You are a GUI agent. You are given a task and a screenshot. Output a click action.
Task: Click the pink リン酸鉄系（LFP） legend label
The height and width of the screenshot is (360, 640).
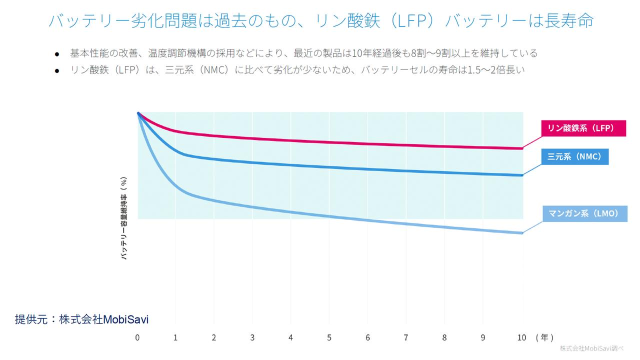[583, 128]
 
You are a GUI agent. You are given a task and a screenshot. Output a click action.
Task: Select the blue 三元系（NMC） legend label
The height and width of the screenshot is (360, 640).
[574, 156]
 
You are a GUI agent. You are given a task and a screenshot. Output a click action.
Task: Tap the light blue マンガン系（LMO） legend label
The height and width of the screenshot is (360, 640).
[583, 214]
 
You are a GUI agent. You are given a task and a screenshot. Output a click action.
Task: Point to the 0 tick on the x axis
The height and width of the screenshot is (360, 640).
[137, 337]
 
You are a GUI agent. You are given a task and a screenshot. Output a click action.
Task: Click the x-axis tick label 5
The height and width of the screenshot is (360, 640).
[329, 337]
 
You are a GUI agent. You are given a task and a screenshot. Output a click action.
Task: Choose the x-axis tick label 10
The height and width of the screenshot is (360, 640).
[521, 337]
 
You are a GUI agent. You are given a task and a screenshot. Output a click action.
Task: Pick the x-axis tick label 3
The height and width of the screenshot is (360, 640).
[252, 337]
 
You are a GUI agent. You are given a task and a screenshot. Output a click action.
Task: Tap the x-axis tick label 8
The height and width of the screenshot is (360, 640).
[444, 337]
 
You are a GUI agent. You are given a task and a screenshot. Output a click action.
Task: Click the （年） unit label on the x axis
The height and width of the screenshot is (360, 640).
[544, 337]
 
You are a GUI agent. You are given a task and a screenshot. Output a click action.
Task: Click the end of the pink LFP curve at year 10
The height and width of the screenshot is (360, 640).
[522, 148]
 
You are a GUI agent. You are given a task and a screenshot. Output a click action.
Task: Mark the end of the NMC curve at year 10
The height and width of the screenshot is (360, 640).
[522, 175]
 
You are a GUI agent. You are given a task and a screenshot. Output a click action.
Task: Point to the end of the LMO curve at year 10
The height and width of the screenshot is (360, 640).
[522, 233]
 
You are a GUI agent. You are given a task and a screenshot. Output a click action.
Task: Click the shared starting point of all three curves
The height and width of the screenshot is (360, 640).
[138, 113]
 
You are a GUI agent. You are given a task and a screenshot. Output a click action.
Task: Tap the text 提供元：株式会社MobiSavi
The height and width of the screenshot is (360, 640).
[81, 319]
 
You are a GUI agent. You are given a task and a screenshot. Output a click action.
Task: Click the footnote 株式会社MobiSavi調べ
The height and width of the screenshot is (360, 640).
[595, 348]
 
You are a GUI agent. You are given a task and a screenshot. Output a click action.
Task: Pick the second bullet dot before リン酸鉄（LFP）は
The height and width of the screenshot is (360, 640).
[57, 71]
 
